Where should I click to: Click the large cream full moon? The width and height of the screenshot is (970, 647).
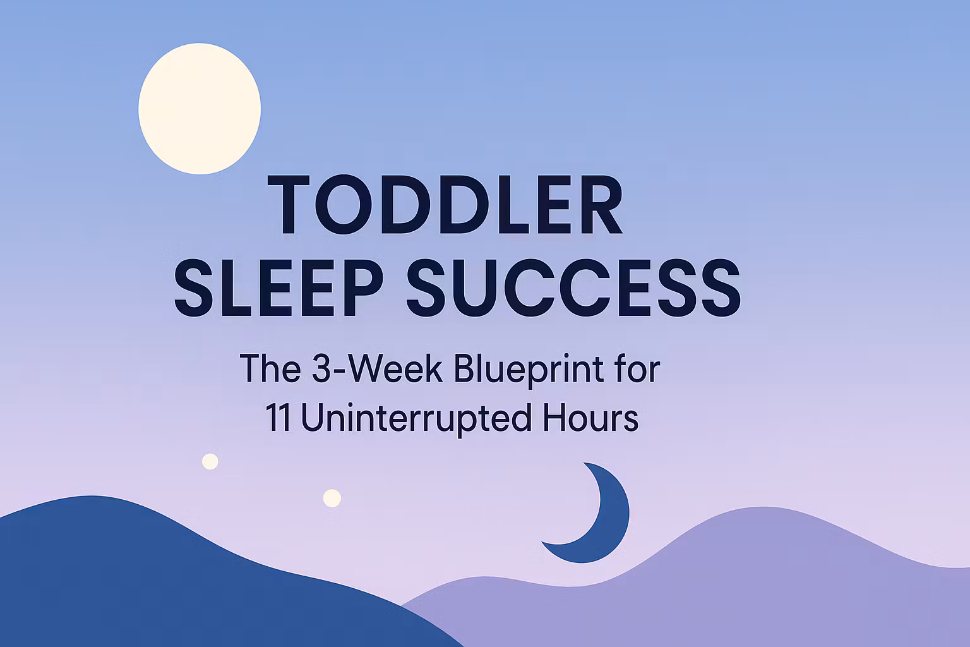200,109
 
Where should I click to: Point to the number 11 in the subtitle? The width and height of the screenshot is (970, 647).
278,418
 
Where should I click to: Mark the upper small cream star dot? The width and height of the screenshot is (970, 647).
210,461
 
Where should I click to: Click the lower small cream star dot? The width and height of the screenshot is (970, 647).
332,498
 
